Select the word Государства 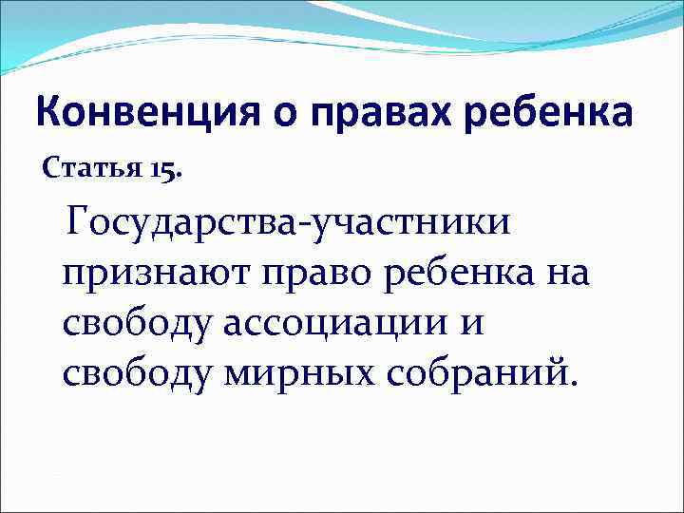point(186,225)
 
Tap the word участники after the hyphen point(410,225)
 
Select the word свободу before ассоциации point(139,323)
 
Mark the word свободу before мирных point(139,372)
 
